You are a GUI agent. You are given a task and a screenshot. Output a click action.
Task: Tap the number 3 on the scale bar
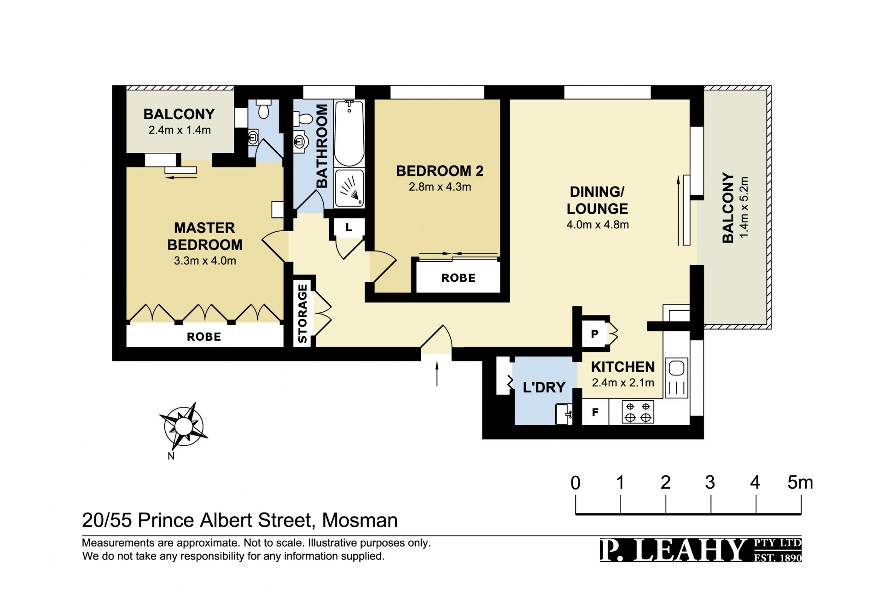pos(710,483)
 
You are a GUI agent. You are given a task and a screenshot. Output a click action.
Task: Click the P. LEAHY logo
pos(700,550)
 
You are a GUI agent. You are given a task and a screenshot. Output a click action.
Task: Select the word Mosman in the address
pos(360,520)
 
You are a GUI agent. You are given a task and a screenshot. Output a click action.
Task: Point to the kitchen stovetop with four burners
pos(638,412)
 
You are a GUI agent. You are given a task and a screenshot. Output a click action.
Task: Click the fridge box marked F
pos(595,412)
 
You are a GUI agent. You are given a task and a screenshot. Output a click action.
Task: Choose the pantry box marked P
pos(595,334)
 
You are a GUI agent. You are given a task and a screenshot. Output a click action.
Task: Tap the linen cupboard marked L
pos(349,227)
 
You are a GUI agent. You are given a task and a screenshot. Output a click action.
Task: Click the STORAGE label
pos(302,314)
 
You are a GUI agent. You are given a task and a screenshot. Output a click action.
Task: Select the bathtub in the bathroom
pos(349,133)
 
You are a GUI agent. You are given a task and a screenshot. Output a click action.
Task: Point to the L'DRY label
pos(544,387)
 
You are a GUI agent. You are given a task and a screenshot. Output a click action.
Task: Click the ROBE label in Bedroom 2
pos(458,278)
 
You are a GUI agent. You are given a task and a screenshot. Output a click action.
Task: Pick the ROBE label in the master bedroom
pos(204,337)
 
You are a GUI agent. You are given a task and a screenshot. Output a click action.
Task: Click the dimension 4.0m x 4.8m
pos(598,225)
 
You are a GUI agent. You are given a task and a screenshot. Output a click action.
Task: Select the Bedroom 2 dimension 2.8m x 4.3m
pos(440,187)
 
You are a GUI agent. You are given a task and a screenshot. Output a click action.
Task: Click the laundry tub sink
pos(564,414)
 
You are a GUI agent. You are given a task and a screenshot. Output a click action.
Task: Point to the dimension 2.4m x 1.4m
pos(180,130)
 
